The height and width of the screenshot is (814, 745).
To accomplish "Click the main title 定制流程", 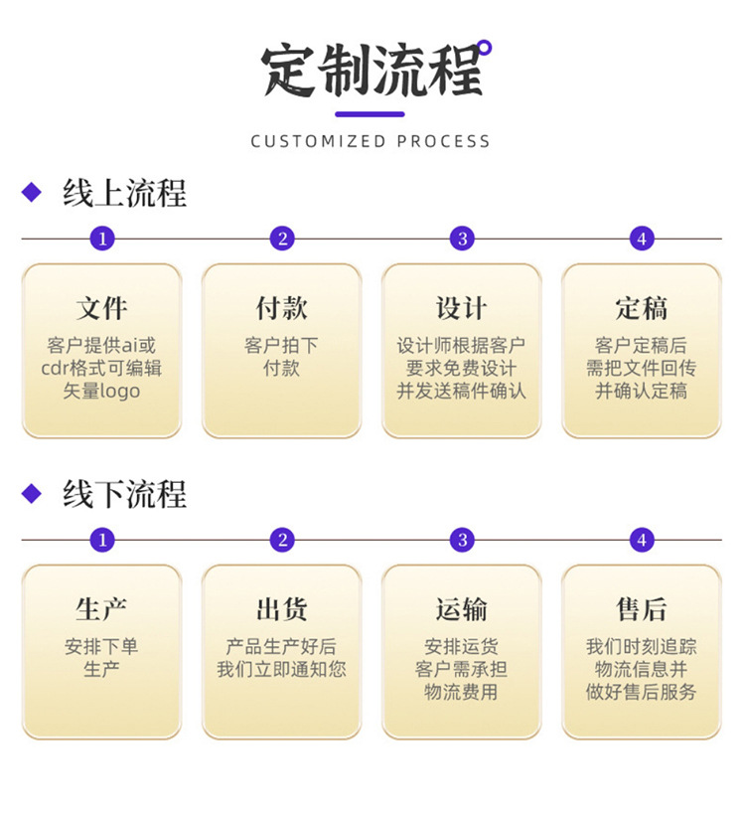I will pos(372,71).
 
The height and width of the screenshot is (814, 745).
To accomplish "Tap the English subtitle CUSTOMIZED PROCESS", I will pos(371,141).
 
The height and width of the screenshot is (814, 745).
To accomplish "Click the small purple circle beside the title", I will pos(485,46).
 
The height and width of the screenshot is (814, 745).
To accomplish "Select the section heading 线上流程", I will pos(124,192).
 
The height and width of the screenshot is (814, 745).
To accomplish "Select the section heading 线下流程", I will pos(124,494).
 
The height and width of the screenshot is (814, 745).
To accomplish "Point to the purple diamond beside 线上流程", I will pos(32,192).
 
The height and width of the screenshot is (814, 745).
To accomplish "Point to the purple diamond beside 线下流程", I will pos(32,493).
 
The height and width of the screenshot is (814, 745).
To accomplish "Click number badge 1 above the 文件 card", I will pos(102,239).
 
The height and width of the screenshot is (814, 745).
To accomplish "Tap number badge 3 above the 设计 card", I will pos(461,239).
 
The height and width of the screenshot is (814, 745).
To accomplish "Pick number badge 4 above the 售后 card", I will pos(642,541).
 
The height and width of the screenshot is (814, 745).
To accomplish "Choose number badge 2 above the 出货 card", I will pos(282,541).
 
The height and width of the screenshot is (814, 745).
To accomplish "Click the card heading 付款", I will pos(281,308).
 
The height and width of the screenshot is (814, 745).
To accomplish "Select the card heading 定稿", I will pos(641,308).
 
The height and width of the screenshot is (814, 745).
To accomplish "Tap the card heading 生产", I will pos(101,609).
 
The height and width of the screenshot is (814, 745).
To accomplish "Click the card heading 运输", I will pos(461,609).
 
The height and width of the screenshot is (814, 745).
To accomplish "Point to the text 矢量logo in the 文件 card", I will pos(102,392).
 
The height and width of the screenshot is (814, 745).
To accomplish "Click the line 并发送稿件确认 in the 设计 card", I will pos(461,392).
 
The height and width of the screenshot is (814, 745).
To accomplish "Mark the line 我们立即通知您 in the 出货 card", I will pos(281,670).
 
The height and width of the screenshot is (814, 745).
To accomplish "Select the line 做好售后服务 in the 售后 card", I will pos(641,693).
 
